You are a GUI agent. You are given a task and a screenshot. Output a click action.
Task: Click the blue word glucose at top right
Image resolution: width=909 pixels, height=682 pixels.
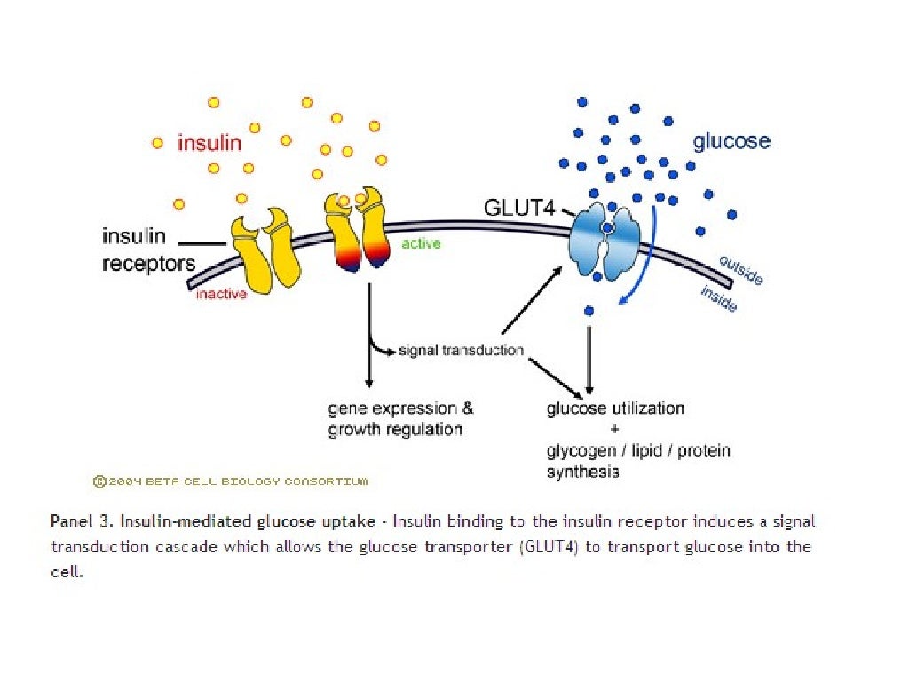coord(731,142)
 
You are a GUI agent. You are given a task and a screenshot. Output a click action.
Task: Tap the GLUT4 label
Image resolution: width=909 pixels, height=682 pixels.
coord(518,207)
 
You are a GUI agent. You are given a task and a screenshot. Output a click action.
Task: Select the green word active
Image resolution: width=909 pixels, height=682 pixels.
coord(422,243)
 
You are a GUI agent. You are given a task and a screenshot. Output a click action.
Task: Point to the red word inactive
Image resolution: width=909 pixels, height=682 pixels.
coord(221,294)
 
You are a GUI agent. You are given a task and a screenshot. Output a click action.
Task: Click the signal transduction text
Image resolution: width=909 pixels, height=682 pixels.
coord(461,350)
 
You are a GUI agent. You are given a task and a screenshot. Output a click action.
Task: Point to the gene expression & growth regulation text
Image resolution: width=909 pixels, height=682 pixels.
coord(400,419)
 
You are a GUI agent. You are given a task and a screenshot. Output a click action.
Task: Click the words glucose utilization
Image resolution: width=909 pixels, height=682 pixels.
coord(615,408)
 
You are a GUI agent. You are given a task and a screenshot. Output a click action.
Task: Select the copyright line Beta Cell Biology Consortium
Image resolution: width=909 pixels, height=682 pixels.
coord(230,481)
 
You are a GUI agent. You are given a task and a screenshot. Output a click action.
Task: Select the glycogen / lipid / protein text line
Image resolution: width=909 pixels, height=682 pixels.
coord(638,451)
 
